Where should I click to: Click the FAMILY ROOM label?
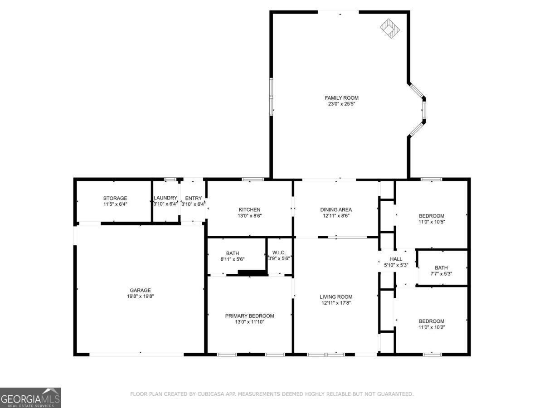pyautogui.click(x=341, y=97)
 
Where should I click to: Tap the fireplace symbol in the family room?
pyautogui.click(x=390, y=28)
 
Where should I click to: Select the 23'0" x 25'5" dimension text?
pyautogui.click(x=341, y=104)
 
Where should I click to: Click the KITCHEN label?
pyautogui.click(x=249, y=209)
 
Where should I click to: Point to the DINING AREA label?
pyautogui.click(x=336, y=209)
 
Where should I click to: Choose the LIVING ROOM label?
pyautogui.click(x=336, y=297)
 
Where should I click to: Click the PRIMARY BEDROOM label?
pyautogui.click(x=249, y=316)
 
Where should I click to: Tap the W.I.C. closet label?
pyautogui.click(x=279, y=253)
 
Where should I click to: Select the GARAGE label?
pyautogui.click(x=140, y=290)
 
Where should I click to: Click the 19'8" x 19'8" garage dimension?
pyautogui.click(x=140, y=296)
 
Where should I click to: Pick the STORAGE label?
pyautogui.click(x=115, y=198)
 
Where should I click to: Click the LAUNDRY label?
pyautogui.click(x=165, y=198)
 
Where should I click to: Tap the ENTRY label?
pyautogui.click(x=193, y=198)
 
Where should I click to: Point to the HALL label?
pyautogui.click(x=396, y=259)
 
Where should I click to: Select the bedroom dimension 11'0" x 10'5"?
pyautogui.click(x=432, y=222)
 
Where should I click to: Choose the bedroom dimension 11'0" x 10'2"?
pyautogui.click(x=432, y=327)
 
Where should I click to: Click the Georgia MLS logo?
pyautogui.click(x=30, y=398)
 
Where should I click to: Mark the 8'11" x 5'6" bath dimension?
pyautogui.click(x=233, y=259)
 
